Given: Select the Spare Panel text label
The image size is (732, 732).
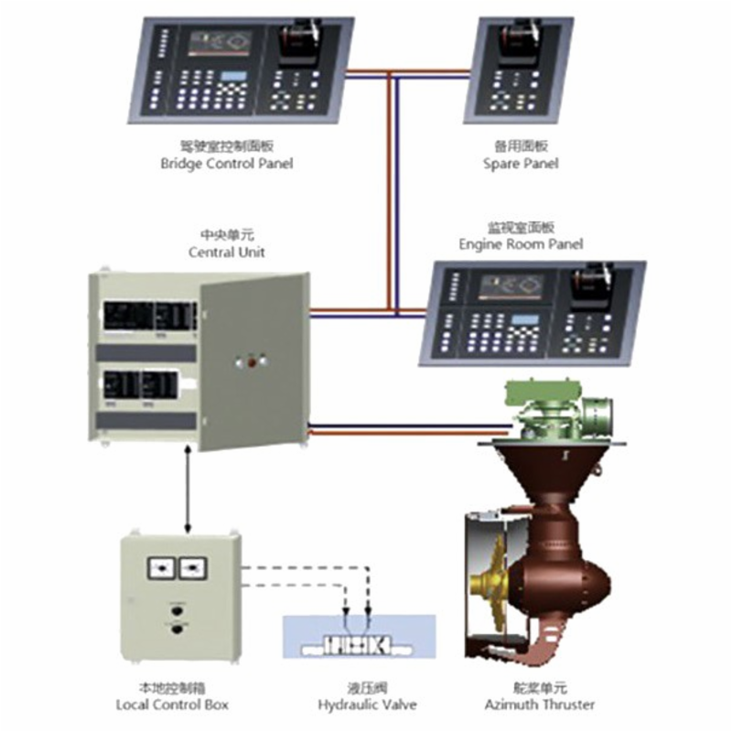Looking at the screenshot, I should point(521,165).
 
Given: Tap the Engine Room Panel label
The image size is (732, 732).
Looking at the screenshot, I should point(521,244).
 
